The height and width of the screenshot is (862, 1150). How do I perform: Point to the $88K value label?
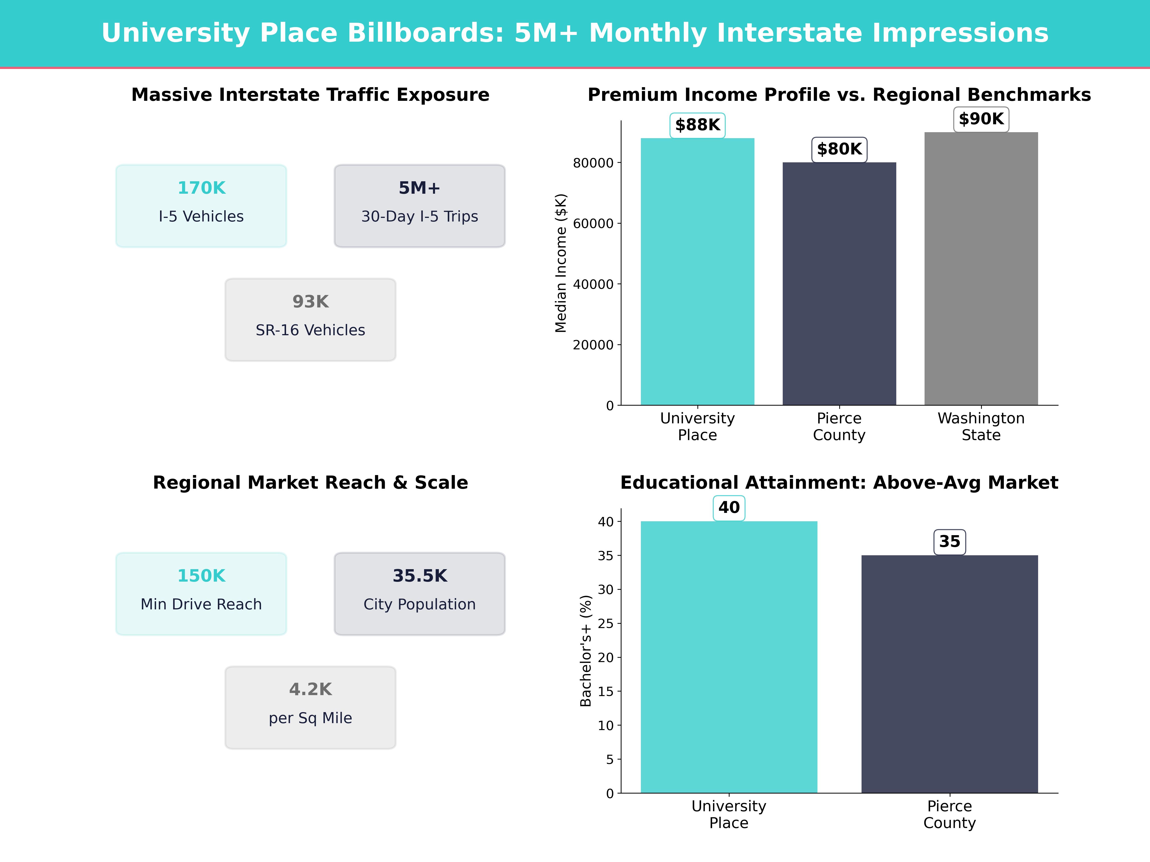coord(697,125)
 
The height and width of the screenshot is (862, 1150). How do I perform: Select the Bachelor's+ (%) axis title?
coord(586,651)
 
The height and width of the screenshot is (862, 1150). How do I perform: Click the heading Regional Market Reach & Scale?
coord(310,483)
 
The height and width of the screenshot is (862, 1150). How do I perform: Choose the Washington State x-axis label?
coord(981,427)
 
